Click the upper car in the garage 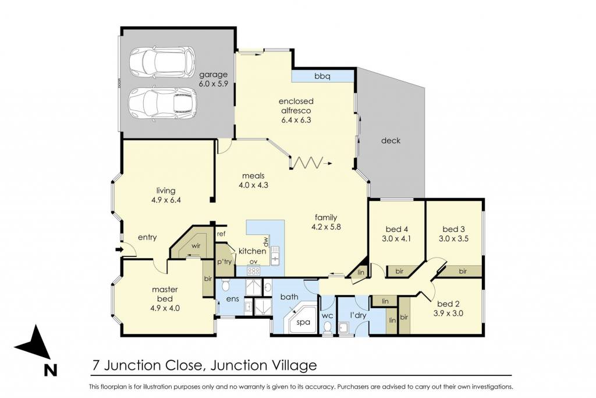pos(162,62)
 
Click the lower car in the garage pos(163,104)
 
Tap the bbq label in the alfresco pos(322,76)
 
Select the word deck pos(391,140)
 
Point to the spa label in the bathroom pos(303,322)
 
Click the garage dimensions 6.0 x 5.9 pos(213,84)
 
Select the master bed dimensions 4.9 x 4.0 pos(165,308)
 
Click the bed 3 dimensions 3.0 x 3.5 pos(453,238)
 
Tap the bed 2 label pos(448,304)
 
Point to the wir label pos(196,246)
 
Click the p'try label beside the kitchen pos(224,262)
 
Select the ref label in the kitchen pos(221,234)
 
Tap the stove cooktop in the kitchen pos(254,271)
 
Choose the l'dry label pos(358,315)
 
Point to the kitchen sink pos(275,255)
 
